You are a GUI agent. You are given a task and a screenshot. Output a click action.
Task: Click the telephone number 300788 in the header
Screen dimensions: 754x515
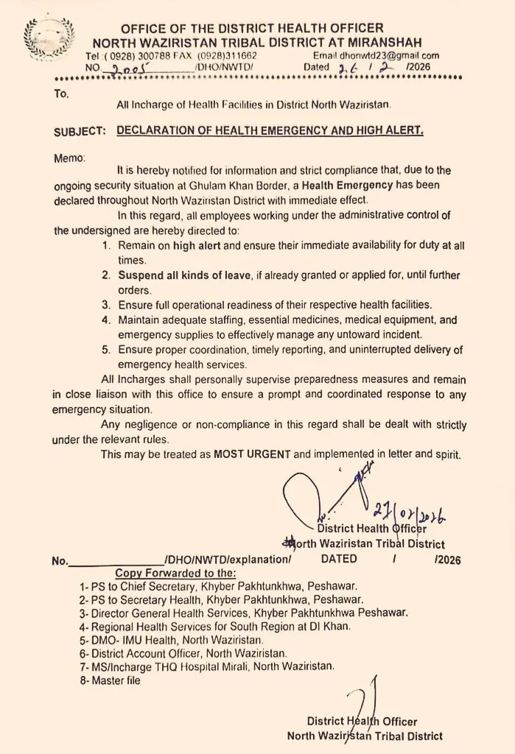click(153, 55)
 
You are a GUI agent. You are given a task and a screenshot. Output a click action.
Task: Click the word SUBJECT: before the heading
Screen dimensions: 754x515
click(79, 131)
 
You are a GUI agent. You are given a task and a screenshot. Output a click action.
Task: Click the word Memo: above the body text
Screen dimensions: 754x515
click(70, 157)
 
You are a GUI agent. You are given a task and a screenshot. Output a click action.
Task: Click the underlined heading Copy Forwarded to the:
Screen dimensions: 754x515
click(175, 572)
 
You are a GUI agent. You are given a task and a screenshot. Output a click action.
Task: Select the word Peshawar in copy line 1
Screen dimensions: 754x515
click(332, 586)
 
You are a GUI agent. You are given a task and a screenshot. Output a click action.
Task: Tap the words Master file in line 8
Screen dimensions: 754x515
click(116, 680)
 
